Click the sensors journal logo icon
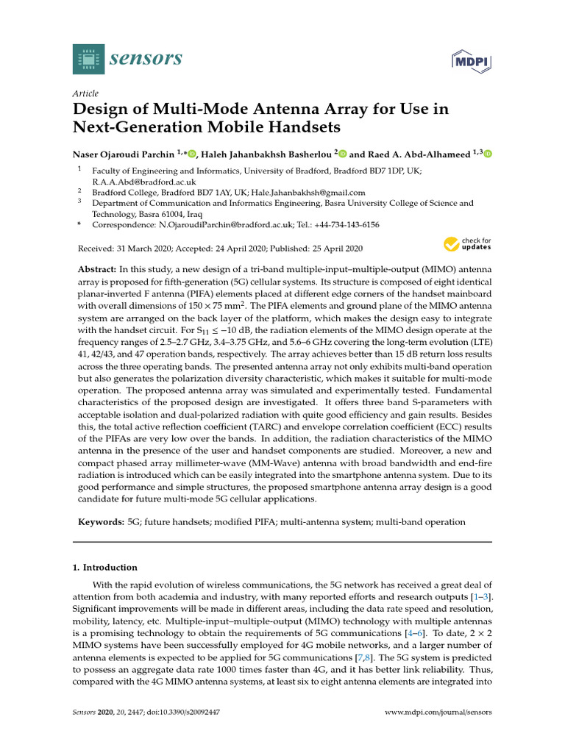89,58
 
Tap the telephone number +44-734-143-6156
346,224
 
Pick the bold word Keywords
102,521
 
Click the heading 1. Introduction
104,567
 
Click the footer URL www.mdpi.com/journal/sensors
438,713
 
